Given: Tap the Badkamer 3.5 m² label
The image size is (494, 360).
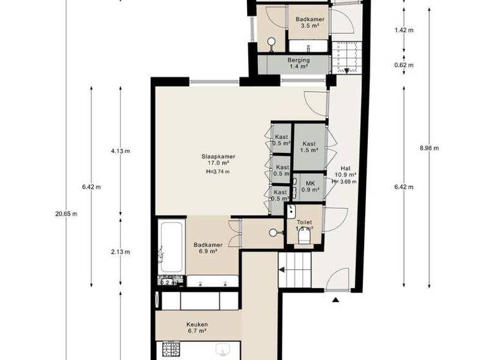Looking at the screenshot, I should click(309, 23).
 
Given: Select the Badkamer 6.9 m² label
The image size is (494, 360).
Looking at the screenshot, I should click(208, 248).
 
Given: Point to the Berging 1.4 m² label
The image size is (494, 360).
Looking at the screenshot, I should click(298, 63).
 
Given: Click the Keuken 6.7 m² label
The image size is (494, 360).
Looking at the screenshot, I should click(197, 328).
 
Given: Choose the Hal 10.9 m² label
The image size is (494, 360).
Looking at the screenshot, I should click(345, 170).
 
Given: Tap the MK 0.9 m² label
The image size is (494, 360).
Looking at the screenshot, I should click(309, 186).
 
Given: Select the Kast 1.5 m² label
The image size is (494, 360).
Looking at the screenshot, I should click(309, 147).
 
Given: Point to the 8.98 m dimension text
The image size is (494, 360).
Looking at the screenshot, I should click(429, 148).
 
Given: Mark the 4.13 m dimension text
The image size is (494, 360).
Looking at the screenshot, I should click(120, 151).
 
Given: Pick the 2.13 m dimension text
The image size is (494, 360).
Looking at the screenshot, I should click(120, 251).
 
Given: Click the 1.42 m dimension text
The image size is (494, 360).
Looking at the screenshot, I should click(403, 30).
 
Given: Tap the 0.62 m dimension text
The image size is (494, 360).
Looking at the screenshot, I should click(403, 65).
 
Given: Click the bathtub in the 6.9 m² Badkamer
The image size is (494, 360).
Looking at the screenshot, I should click(171, 247).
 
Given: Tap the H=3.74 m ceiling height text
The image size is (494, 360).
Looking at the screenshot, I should click(217, 172).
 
